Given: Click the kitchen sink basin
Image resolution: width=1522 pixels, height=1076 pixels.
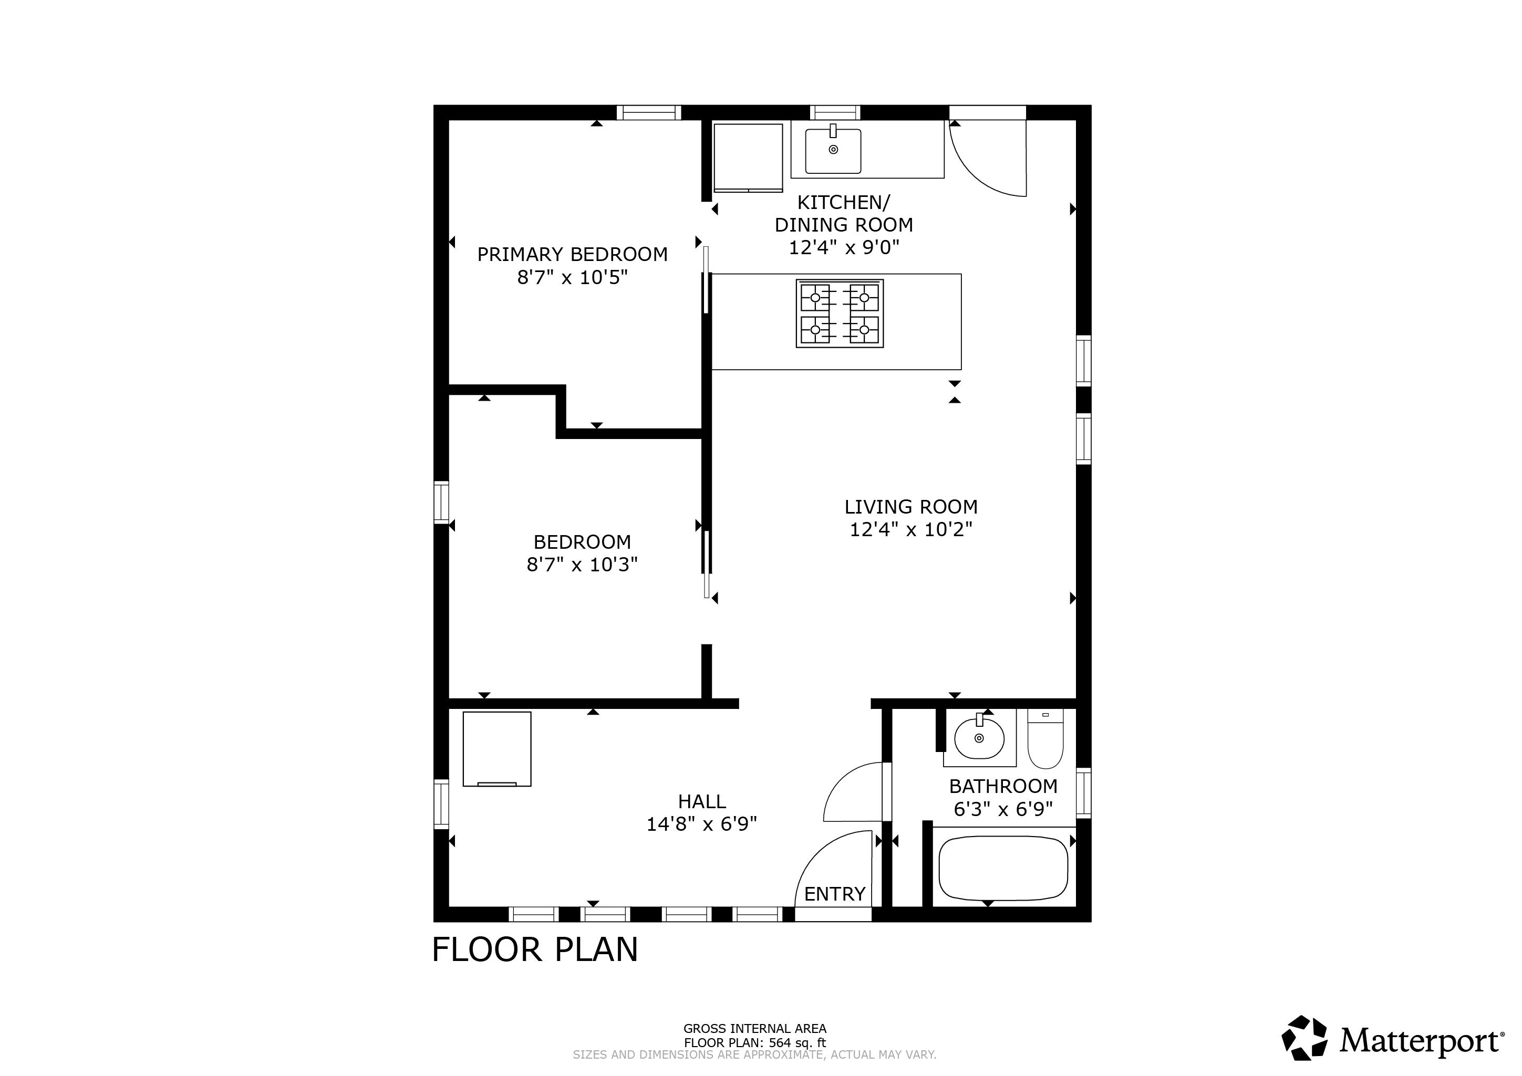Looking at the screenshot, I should pos(833,151).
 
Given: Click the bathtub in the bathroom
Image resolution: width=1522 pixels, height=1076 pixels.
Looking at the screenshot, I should pos(1003,868).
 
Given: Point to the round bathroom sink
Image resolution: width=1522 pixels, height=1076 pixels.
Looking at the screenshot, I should pos(979,737).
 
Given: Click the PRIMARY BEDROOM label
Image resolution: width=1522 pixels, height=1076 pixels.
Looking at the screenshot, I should pos(572,254).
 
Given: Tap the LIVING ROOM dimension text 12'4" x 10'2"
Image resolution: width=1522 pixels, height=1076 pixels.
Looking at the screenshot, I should pos(911,529).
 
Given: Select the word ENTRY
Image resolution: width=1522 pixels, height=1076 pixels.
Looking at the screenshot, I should pos(835,894).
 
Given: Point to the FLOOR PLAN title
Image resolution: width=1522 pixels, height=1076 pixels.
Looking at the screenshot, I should pos(534,949).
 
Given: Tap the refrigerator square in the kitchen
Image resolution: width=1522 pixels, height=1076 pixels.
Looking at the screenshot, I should pos(748,157).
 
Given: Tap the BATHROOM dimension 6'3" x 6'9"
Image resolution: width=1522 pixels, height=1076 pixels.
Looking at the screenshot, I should pos(1002,809).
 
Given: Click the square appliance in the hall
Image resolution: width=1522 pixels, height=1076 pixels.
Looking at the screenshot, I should pos(496,749).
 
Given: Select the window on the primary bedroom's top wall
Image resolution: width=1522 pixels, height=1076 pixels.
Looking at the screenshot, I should pos(648,112).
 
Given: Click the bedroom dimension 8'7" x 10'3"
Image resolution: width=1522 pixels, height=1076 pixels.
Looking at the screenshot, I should pos(582,565).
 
